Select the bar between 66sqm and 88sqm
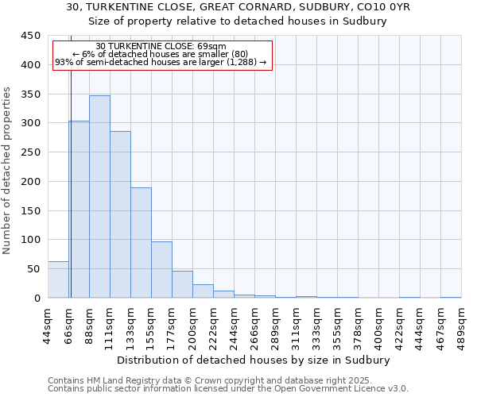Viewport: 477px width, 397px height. point(79,210)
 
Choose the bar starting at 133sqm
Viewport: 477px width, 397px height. point(141,243)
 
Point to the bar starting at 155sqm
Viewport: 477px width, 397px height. point(161,270)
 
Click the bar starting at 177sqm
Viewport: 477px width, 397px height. point(182,284)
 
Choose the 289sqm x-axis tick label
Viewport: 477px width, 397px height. point(275,325)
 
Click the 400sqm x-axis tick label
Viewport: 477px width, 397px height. point(378,325)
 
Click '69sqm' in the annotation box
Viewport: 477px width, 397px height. point(215,46)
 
